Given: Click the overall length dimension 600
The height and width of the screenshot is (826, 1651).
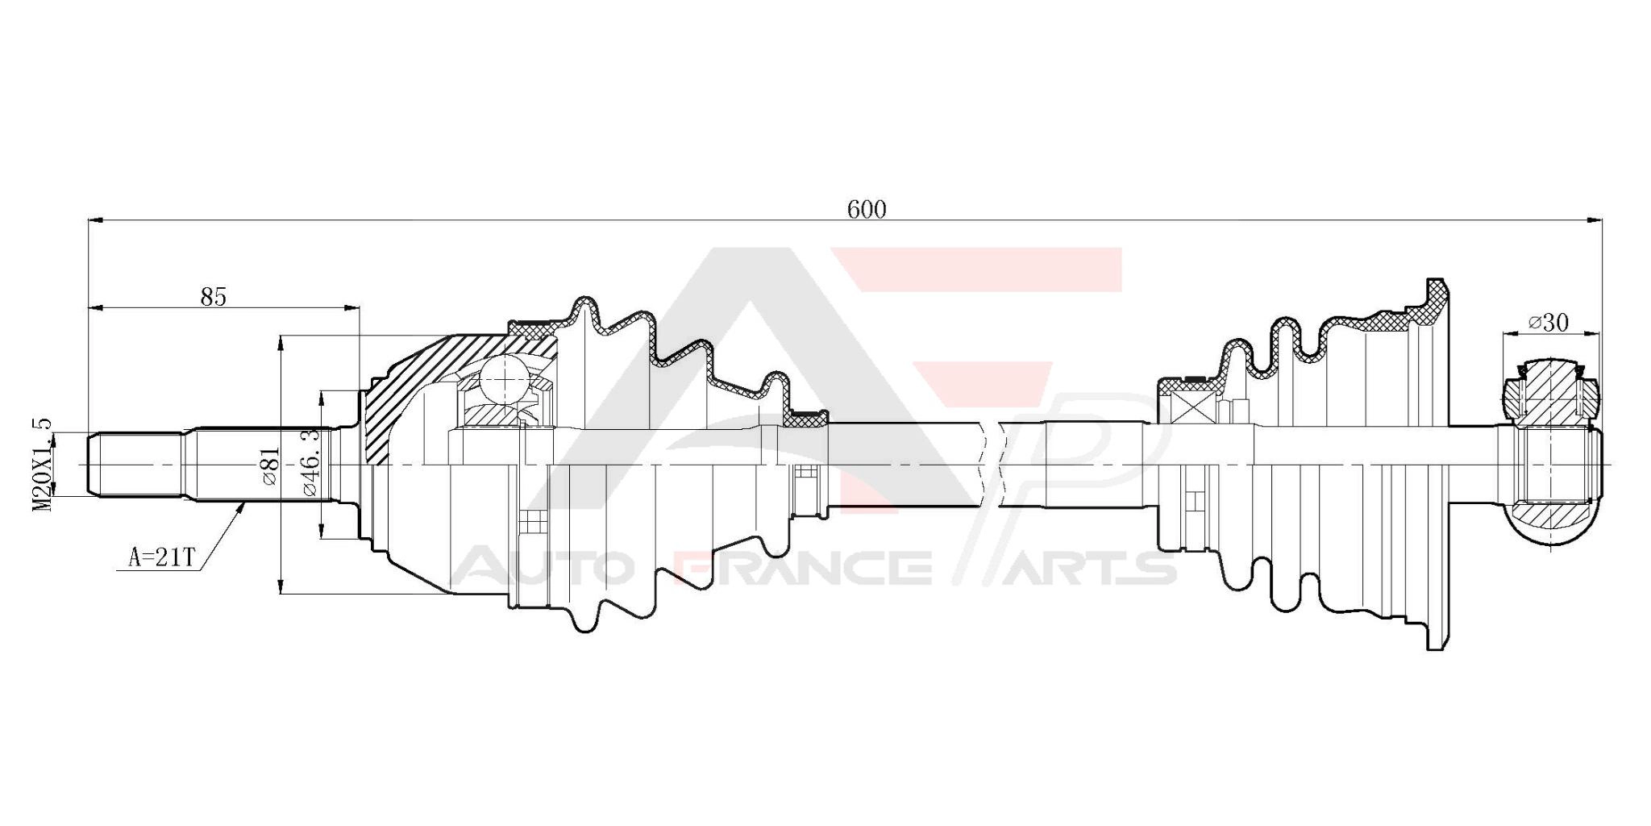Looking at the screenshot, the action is click(x=867, y=210).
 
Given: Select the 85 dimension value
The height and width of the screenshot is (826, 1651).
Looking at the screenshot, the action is click(x=214, y=297).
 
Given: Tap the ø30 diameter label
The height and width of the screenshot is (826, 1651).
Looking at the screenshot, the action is click(x=1548, y=323).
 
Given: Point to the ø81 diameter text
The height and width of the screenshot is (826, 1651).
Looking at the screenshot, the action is click(x=269, y=466).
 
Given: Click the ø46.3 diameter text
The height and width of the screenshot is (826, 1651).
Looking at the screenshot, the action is click(x=310, y=461).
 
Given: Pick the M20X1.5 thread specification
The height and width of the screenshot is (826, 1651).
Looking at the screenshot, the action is click(x=42, y=464).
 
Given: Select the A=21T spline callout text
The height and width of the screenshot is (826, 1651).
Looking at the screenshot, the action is click(x=162, y=557).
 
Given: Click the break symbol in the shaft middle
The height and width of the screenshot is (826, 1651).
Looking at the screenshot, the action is click(x=993, y=465).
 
